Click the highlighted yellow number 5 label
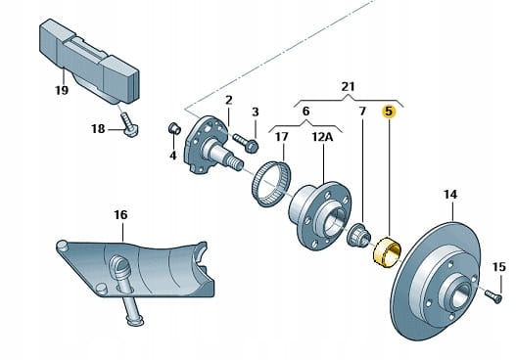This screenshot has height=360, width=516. tap(389, 112)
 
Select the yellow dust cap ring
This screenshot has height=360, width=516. tap(387, 252)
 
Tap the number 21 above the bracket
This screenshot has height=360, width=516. tap(348, 87)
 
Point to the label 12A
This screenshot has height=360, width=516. tap(322, 137)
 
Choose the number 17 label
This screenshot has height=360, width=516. tap(281, 137)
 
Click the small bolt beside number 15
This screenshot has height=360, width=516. tap(493, 294)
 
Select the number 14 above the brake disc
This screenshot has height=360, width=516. tap(450, 195)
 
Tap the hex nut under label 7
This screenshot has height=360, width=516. tap(359, 236)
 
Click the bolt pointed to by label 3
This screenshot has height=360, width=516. tap(245, 142)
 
